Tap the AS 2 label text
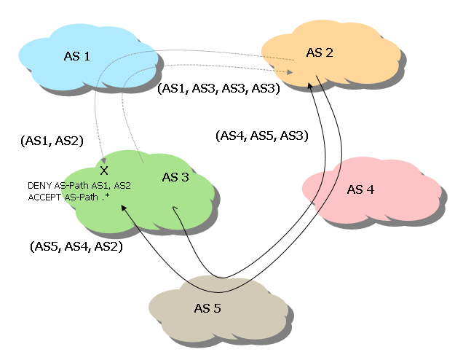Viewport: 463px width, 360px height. pyautogui.click(x=319, y=52)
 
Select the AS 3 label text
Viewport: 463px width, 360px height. pyautogui.click(x=175, y=178)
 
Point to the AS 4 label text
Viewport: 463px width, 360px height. pyautogui.click(x=360, y=189)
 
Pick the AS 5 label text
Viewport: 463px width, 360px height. pyautogui.click(x=207, y=308)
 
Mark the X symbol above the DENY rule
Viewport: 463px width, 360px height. pyautogui.click(x=104, y=170)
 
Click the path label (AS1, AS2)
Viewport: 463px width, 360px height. pyautogui.click(x=52, y=141)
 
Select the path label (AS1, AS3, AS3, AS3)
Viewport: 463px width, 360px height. pyautogui.click(x=218, y=88)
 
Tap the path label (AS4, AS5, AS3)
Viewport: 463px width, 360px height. pyautogui.click(x=262, y=136)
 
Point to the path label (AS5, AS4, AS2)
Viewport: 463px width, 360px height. pyautogui.click(x=76, y=247)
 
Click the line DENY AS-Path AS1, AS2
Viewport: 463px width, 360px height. pyautogui.click(x=79, y=186)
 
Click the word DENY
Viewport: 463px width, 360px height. pyautogui.click(x=39, y=186)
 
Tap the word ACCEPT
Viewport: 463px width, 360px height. pyautogui.click(x=44, y=197)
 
